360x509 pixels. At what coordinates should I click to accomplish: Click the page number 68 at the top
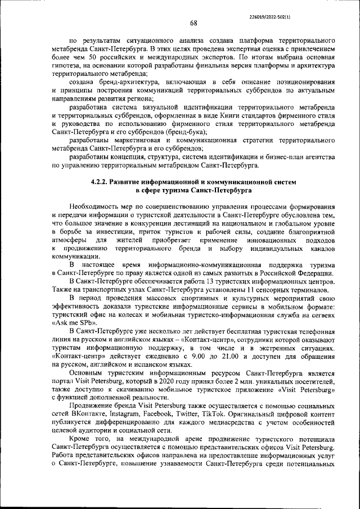click(193, 23)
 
